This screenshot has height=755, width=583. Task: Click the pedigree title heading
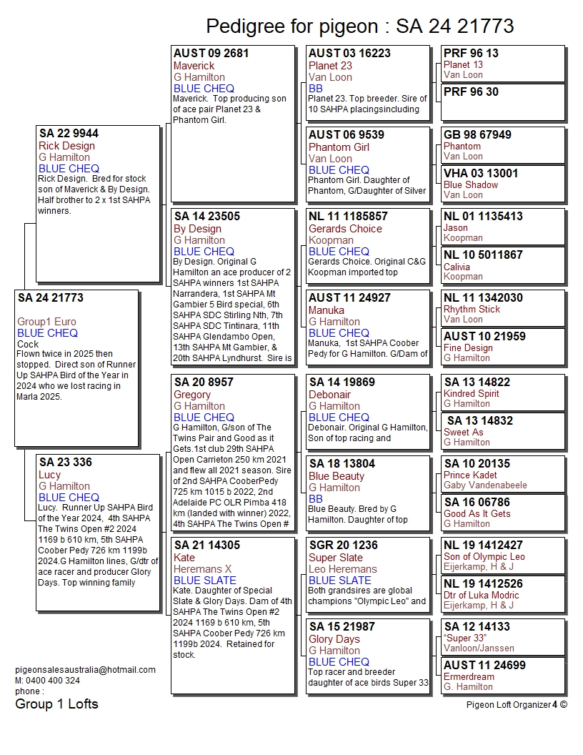359,26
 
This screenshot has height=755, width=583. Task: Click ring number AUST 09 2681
211,54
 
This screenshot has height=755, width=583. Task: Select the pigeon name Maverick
194,66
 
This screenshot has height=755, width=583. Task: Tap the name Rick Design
66,146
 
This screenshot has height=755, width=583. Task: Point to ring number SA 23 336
66,463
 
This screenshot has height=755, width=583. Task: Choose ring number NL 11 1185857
348,217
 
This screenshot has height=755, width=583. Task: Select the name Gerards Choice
345,229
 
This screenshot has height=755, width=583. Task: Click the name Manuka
326,310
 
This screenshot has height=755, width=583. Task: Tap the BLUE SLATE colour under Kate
204,581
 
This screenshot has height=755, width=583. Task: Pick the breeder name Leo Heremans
342,569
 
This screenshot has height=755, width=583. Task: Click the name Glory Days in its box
334,639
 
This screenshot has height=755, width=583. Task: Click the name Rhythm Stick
472,309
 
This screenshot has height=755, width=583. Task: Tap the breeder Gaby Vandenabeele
485,485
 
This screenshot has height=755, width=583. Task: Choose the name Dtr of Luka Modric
481,595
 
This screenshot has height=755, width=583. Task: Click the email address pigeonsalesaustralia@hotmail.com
85,670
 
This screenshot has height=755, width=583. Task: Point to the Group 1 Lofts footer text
56,704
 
